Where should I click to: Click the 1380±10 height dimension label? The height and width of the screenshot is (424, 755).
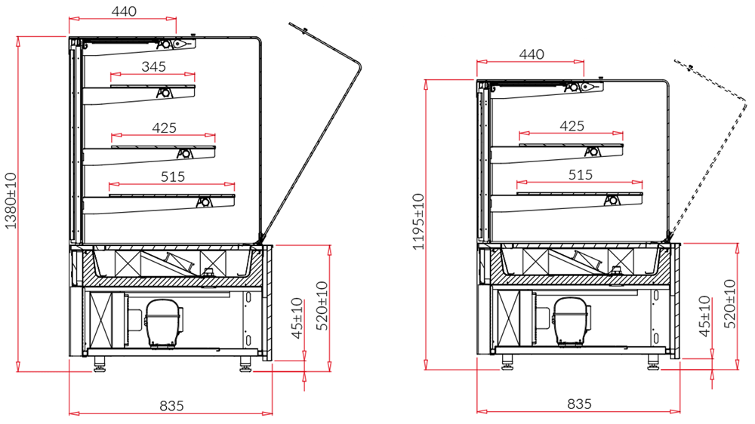tap(11, 201)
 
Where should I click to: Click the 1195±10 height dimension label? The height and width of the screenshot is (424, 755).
tap(418, 221)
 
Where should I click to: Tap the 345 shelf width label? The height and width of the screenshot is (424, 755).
tap(153, 66)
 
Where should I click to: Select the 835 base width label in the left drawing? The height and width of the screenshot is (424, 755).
tap(171, 406)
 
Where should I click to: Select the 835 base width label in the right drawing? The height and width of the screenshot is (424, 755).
tap(579, 404)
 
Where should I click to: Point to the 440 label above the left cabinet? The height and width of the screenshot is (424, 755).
tap(124, 11)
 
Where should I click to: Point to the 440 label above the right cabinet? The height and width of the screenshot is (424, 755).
tap(532, 54)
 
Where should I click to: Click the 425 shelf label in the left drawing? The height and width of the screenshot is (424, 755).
tap(164, 128)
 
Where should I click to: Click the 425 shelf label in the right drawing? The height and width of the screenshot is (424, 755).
tap(572, 125)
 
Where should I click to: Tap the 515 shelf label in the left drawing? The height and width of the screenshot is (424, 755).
tap(172, 177)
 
